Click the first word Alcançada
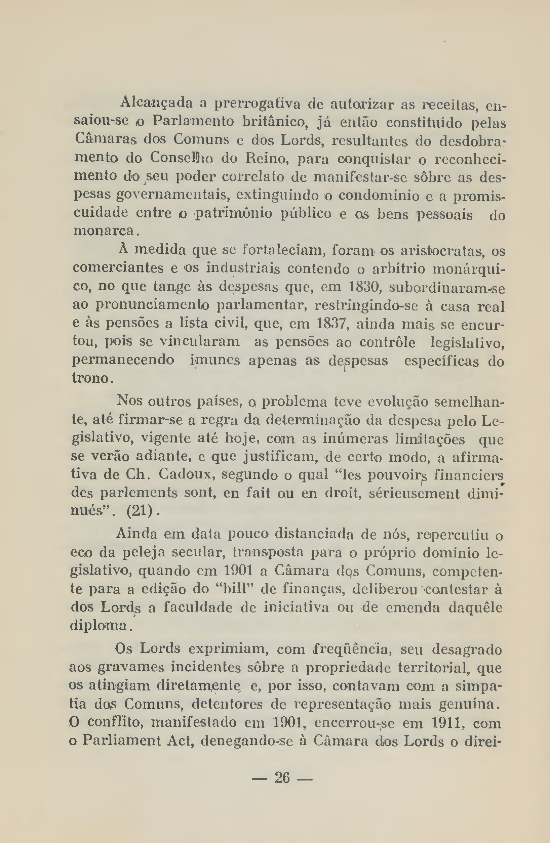pyautogui.click(x=156, y=103)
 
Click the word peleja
pyautogui.click(x=144, y=553)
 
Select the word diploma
pyautogui.click(x=98, y=626)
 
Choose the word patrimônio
pyautogui.click(x=234, y=214)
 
